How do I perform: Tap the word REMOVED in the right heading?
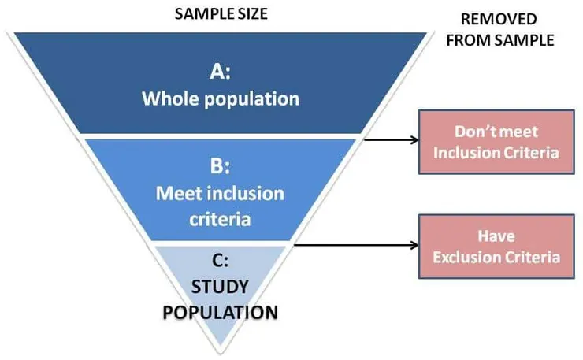coord(499,18)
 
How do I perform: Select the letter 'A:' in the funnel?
coord(221,72)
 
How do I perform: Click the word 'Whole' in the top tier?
coord(168,99)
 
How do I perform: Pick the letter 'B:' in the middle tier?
coord(220,167)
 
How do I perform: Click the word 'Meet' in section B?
coord(176,193)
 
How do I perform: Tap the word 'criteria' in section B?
coord(220,218)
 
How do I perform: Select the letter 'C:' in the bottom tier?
coord(220,258)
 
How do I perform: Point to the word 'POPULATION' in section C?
coord(220,312)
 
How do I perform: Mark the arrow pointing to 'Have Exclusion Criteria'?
coord(355,246)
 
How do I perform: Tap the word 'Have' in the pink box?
coord(496,236)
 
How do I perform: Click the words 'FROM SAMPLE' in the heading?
coord(499,39)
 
